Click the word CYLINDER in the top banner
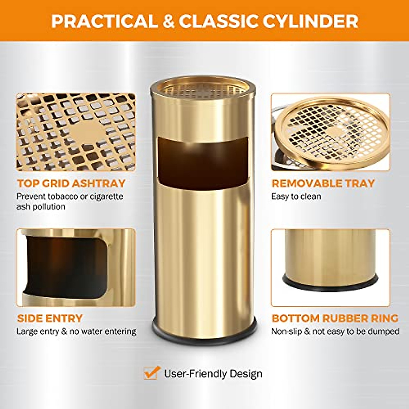tap(310, 21)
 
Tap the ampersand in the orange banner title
tap(168, 21)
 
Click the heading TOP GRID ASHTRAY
tap(71, 183)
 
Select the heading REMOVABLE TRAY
tap(323, 183)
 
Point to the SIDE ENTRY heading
tap(50, 318)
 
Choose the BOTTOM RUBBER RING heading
tap(335, 318)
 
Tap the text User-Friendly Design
tap(213, 374)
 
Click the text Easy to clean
tap(296, 196)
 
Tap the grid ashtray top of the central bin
tap(203, 88)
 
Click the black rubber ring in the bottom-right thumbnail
tap(330, 283)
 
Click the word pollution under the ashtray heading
tap(49, 207)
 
